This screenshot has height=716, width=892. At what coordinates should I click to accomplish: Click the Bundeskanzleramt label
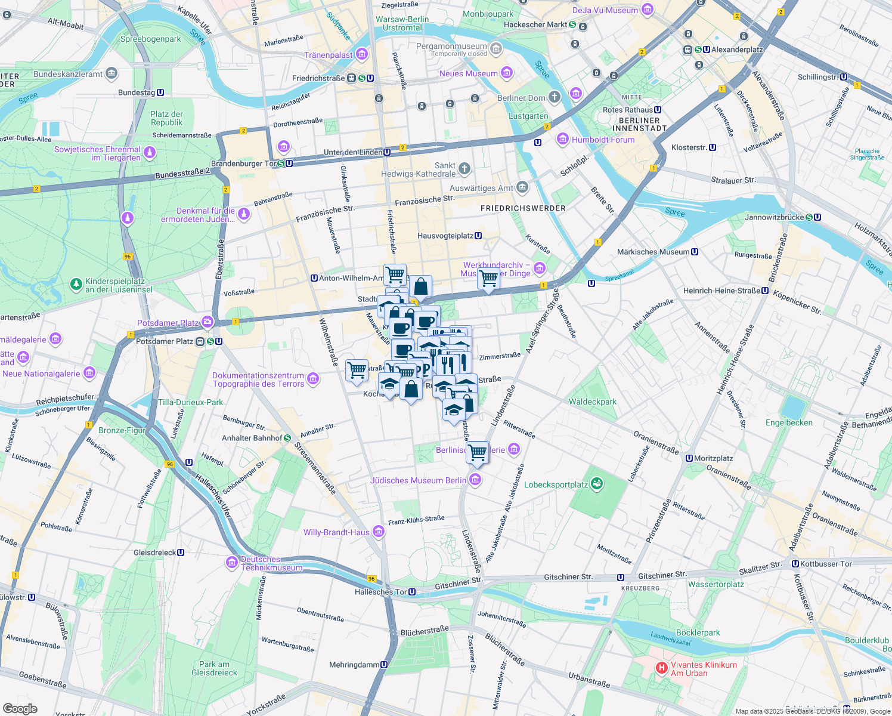[x=68, y=75]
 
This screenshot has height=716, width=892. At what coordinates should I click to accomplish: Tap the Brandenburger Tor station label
[x=244, y=163]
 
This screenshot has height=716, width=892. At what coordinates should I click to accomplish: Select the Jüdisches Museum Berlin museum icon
[x=475, y=480]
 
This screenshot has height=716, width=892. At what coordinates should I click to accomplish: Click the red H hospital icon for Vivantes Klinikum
[x=661, y=668]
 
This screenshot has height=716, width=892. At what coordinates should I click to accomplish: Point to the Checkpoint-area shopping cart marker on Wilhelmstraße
[x=357, y=371]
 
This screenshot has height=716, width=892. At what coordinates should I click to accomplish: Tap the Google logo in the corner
[x=20, y=708]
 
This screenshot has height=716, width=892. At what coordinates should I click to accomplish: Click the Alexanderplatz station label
[x=736, y=50]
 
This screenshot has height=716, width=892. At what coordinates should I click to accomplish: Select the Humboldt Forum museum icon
[x=562, y=140]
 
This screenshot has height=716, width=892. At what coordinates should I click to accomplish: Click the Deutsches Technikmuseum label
[x=271, y=563]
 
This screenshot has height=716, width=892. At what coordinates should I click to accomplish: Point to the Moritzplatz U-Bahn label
[x=713, y=458]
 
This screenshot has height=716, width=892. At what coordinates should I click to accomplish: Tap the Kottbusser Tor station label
[x=826, y=564]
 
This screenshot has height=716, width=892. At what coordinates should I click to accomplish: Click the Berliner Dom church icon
[x=555, y=97]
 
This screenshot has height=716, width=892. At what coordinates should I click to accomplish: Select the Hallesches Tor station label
[x=380, y=592]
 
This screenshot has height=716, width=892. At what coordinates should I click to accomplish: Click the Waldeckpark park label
[x=592, y=402]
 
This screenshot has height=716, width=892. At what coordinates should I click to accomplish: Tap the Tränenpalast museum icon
[x=362, y=55]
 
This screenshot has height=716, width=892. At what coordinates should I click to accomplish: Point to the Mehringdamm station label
[x=354, y=665]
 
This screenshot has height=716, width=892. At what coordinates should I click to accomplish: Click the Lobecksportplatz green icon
[x=596, y=484]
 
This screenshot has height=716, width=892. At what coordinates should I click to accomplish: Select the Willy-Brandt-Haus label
[x=336, y=532]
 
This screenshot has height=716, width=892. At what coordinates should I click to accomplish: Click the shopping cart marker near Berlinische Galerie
[x=477, y=452]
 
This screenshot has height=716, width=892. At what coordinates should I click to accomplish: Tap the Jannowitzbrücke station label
[x=775, y=217]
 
